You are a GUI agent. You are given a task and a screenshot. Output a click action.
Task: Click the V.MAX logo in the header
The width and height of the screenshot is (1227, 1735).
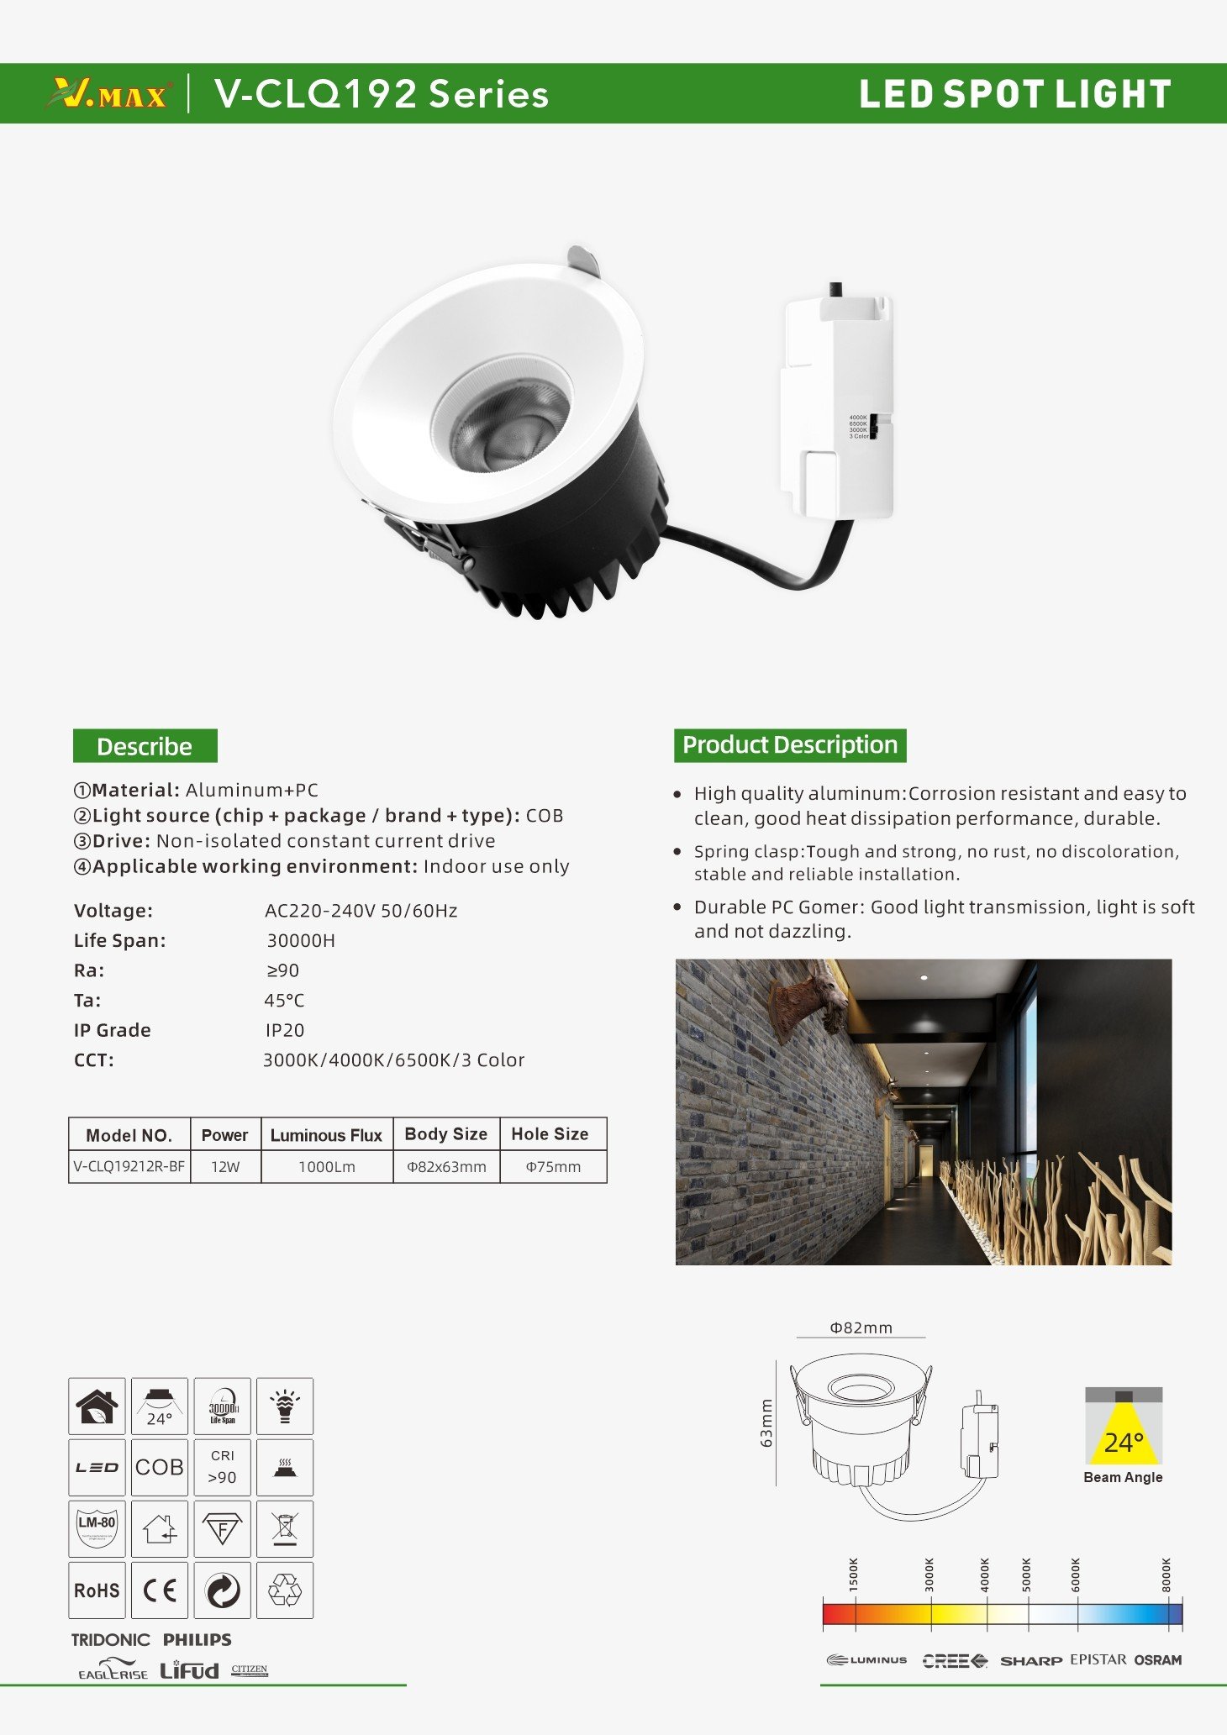(x=110, y=93)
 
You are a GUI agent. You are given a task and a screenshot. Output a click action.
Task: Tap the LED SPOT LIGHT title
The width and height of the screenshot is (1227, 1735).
(x=1014, y=94)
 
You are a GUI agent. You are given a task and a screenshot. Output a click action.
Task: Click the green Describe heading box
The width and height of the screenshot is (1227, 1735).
(x=145, y=746)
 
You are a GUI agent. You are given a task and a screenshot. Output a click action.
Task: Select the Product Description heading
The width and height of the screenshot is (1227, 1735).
(x=789, y=745)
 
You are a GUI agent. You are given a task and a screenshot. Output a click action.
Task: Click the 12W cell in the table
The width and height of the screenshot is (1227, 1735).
(x=225, y=1167)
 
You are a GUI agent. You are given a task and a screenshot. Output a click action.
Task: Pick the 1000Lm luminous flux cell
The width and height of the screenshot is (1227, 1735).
(x=327, y=1167)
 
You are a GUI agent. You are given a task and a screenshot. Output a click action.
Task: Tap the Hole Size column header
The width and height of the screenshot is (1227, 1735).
(x=550, y=1134)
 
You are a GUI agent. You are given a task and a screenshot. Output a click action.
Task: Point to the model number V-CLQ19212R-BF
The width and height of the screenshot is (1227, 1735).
(x=129, y=1166)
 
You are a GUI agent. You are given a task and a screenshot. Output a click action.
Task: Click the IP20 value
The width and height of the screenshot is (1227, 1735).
(x=285, y=1030)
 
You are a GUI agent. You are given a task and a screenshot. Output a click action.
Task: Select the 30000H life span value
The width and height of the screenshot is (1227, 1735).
(x=301, y=941)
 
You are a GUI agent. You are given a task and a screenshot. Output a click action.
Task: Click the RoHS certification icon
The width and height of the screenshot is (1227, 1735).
(x=97, y=1590)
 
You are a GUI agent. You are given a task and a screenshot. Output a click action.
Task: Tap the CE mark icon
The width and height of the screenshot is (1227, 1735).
(x=159, y=1590)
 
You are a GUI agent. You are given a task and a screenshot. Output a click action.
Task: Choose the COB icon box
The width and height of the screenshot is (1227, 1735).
(x=159, y=1468)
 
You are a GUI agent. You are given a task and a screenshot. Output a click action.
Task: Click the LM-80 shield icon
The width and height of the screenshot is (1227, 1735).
(x=97, y=1528)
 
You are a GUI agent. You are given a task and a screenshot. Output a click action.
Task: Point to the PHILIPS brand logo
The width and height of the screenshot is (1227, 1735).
(x=197, y=1639)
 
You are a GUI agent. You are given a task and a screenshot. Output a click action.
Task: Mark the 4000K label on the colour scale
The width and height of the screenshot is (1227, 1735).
(x=985, y=1575)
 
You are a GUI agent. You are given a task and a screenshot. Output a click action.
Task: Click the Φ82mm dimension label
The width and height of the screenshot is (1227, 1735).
(x=861, y=1328)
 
